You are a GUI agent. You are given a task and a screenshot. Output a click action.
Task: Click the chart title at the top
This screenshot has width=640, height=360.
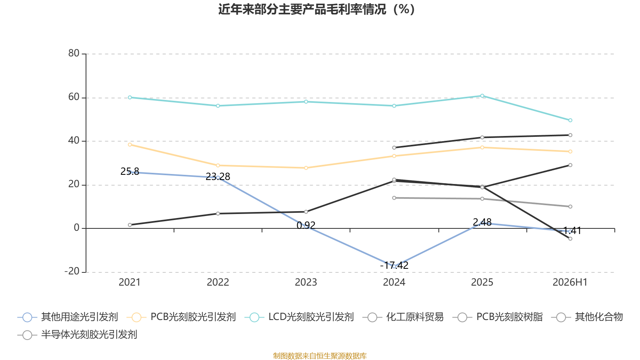(316, 9)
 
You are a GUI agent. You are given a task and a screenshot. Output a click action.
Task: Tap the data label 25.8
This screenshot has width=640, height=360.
(130, 172)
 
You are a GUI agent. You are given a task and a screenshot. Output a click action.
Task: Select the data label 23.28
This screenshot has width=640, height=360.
(218, 176)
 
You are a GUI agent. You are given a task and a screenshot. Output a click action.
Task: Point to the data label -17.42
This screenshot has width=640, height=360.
(394, 266)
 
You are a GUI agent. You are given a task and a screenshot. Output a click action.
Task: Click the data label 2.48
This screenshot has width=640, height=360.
(482, 222)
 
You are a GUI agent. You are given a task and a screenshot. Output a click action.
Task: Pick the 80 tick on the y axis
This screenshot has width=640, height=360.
(74, 53)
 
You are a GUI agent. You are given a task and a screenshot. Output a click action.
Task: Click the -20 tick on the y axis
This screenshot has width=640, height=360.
(72, 271)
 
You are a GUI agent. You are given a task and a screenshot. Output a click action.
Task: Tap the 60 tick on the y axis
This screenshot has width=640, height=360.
(74, 97)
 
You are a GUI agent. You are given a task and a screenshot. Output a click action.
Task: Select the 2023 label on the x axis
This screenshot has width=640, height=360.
(306, 282)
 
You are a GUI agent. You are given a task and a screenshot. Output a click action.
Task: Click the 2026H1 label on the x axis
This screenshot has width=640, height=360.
(570, 282)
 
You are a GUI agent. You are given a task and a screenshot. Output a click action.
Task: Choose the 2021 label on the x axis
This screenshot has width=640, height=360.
(130, 282)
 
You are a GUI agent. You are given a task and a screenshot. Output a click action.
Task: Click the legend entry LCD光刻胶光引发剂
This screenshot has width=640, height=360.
(299, 317)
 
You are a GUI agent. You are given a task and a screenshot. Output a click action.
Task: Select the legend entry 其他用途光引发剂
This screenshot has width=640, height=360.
(68, 317)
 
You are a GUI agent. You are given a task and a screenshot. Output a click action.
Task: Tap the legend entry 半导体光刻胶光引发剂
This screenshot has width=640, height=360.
(77, 334)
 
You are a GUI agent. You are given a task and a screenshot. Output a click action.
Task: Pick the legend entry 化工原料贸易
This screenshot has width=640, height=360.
(403, 317)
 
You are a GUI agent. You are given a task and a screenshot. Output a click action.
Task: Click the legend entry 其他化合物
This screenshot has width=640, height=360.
(587, 317)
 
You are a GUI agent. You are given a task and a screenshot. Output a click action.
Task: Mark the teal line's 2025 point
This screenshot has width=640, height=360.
(482, 96)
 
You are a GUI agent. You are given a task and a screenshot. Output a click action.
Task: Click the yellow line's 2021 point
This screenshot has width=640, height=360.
(130, 144)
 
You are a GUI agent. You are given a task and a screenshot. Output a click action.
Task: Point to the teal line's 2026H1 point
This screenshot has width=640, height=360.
(570, 120)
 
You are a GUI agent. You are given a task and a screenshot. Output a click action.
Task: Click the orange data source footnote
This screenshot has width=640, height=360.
(320, 356)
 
